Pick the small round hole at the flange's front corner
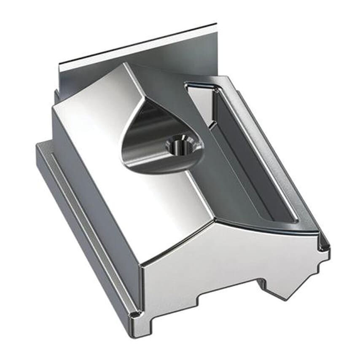pos(134,314)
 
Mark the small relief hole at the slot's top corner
pos(216,89)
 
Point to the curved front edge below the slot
pos(270,228)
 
